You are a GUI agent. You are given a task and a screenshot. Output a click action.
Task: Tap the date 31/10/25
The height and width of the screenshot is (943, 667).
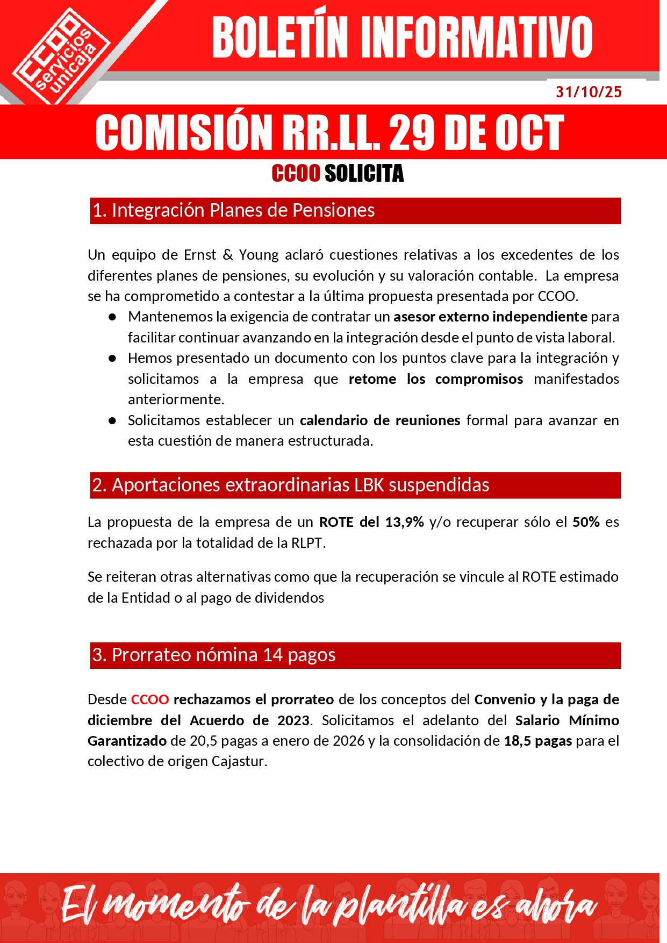[x=589, y=92]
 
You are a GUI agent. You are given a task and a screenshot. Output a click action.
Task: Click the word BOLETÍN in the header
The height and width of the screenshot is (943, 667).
[x=280, y=38]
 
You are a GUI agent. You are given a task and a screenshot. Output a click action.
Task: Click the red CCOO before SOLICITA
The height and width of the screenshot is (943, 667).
[x=296, y=174]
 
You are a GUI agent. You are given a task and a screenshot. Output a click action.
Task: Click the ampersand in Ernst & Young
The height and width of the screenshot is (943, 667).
[x=227, y=255]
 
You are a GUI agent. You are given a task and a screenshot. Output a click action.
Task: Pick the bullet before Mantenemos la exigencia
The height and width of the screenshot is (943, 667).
[x=112, y=317]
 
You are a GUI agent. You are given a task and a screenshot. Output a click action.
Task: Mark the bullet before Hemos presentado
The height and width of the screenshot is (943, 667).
[x=112, y=359]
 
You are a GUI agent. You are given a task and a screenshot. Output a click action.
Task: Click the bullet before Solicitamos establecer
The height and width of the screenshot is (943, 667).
[x=112, y=420]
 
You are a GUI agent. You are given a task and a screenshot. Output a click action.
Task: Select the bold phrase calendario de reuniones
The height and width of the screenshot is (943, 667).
[x=379, y=420]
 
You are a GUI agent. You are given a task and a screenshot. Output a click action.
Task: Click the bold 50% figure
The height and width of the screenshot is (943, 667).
[x=586, y=522]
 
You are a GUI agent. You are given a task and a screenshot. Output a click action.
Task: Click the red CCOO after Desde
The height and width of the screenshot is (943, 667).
[x=150, y=699]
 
